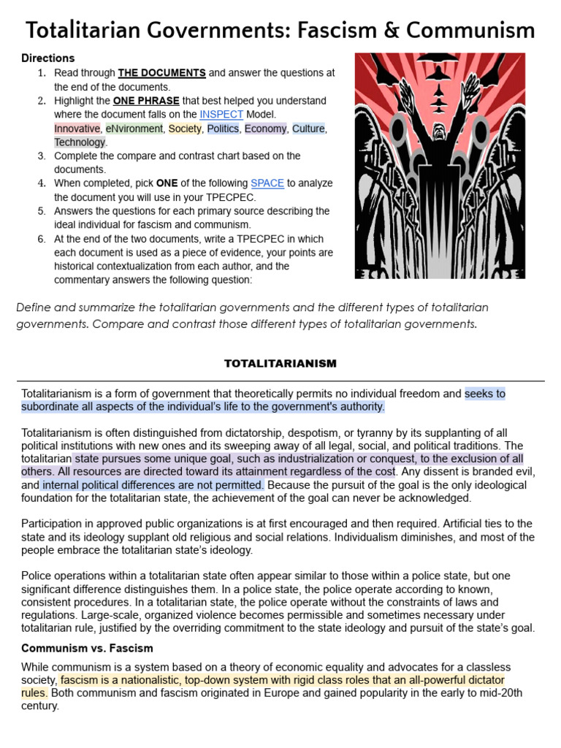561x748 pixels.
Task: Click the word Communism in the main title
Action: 471,31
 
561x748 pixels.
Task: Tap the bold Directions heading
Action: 48,58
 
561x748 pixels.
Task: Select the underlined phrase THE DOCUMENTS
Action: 161,73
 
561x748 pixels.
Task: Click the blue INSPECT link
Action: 223,115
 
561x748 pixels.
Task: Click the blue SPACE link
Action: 267,183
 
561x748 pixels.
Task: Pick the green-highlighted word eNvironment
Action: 134,129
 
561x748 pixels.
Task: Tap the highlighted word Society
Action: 185,129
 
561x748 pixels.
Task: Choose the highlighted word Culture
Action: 308,129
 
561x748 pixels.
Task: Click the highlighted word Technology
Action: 80,142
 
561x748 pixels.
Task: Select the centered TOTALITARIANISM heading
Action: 280,363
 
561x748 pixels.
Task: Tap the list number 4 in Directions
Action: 42,183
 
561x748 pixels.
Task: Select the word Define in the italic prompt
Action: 34,307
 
